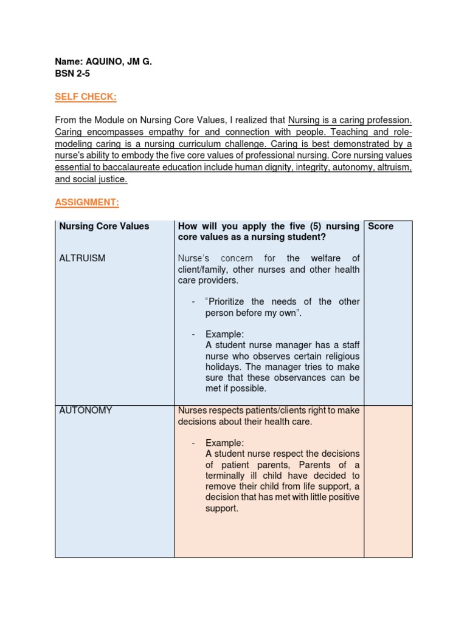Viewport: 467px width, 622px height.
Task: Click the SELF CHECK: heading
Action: [x=86, y=97]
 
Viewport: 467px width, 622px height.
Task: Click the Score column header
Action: [x=381, y=227]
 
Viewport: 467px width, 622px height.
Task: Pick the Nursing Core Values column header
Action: [x=104, y=227]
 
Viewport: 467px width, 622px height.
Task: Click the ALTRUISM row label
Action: [x=82, y=258]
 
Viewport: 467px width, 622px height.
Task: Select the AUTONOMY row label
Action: [x=86, y=411]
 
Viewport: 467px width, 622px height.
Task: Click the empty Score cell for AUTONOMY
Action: [x=388, y=480]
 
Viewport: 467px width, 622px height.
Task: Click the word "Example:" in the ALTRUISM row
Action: [x=224, y=334]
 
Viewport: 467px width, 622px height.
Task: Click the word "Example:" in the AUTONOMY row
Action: [x=224, y=443]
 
